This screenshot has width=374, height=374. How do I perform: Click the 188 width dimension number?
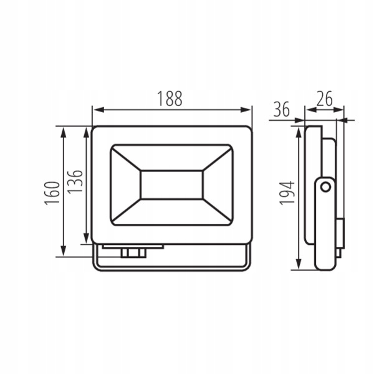pos(170,98)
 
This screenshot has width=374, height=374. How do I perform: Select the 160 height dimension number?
pos(52,193)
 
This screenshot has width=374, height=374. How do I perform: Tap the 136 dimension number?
pos(75,181)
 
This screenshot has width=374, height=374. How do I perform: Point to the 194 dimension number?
pos(287,193)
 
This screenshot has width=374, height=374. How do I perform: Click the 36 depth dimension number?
pos(282,109)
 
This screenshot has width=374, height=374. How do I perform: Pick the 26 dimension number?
pos(324,98)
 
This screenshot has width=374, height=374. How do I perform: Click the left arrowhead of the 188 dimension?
pos(98,110)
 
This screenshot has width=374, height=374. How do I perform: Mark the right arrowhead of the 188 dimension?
pos(246,110)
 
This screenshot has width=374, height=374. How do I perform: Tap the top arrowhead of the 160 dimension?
pos(63,133)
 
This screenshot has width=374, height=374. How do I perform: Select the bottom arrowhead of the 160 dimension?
pos(63,250)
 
